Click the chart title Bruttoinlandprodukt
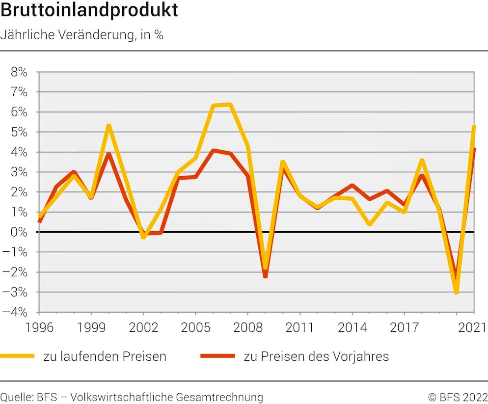89,11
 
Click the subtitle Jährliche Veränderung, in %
82,35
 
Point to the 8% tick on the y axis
19,72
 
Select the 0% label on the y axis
19,232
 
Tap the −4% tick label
17,312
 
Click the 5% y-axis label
19,132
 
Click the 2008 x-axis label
247,327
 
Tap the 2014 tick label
352,327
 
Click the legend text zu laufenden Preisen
105,356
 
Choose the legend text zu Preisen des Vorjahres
316,356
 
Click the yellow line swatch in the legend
18,356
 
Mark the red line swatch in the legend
217,356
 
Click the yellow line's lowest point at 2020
457,293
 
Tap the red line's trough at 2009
265,276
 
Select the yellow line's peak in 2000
108,126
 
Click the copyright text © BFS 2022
458,397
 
